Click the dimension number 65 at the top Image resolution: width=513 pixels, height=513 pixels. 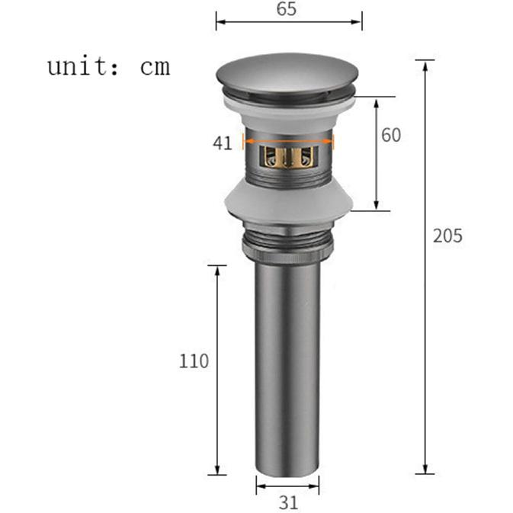287,9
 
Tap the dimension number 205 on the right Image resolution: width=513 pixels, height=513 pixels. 447,236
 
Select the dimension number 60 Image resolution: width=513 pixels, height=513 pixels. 391,135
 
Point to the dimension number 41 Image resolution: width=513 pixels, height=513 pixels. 223,143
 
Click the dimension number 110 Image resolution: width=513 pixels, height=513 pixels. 194,361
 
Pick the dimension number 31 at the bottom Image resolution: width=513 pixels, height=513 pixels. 288,502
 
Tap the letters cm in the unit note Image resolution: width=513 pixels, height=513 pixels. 155,68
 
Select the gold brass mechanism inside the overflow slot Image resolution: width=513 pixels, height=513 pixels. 289,156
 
